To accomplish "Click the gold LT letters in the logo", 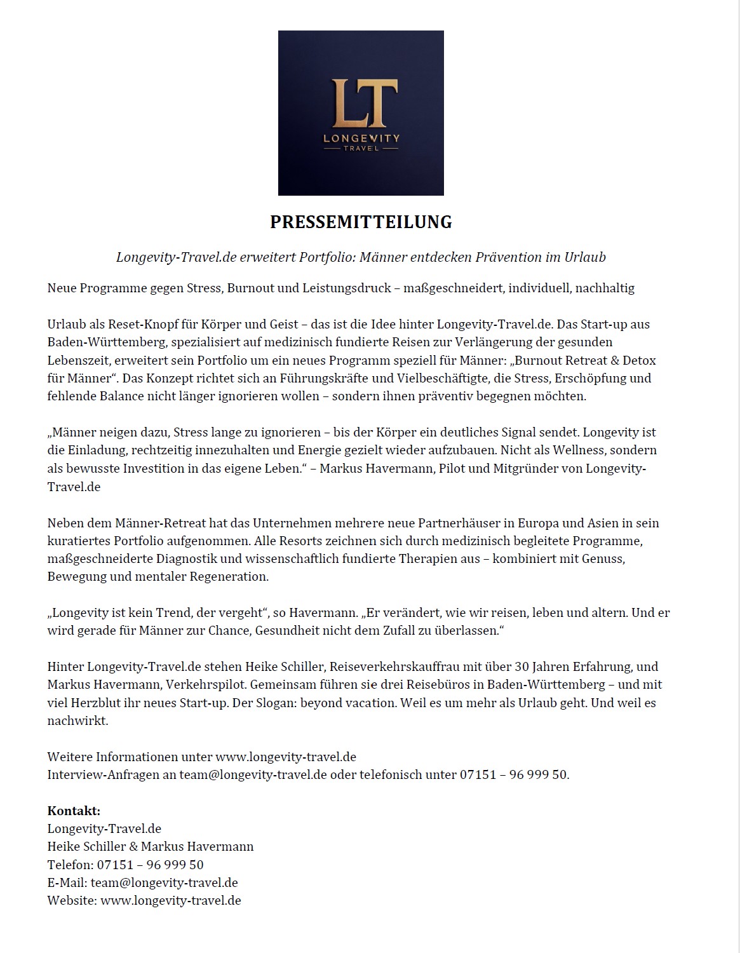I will [x=361, y=102].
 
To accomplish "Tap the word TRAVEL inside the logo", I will [x=361, y=149].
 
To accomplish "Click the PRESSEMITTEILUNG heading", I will [x=361, y=222].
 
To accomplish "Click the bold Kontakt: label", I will [x=74, y=811].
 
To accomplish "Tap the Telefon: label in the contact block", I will [x=70, y=865].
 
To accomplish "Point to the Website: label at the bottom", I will [x=72, y=900].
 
